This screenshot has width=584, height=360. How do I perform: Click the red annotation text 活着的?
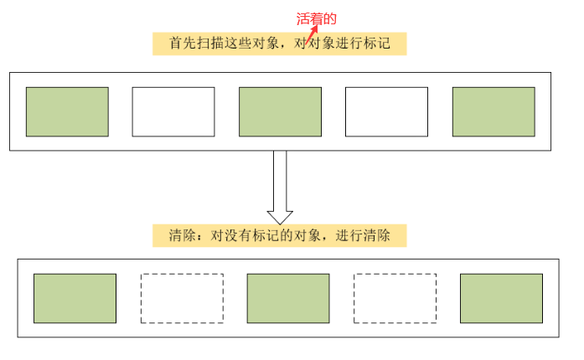pyautogui.click(x=317, y=18)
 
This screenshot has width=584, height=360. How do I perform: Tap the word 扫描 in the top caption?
pyautogui.click(x=206, y=44)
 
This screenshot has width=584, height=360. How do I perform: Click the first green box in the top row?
pyautogui.click(x=67, y=111)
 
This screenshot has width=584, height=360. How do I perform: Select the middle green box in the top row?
pyautogui.click(x=280, y=111)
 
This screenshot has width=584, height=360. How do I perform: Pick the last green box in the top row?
pyautogui.click(x=494, y=111)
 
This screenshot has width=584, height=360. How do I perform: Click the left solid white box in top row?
pyautogui.click(x=173, y=111)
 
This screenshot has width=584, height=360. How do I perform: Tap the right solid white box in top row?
pyautogui.click(x=387, y=111)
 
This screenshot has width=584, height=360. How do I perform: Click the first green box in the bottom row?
pyautogui.click(x=75, y=298)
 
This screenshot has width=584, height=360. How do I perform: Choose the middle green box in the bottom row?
pyautogui.click(x=288, y=298)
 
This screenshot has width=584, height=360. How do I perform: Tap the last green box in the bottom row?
pyautogui.click(x=501, y=298)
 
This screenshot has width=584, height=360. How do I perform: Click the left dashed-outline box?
pyautogui.click(x=182, y=298)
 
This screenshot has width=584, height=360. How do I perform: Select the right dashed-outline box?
pyautogui.click(x=395, y=298)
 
